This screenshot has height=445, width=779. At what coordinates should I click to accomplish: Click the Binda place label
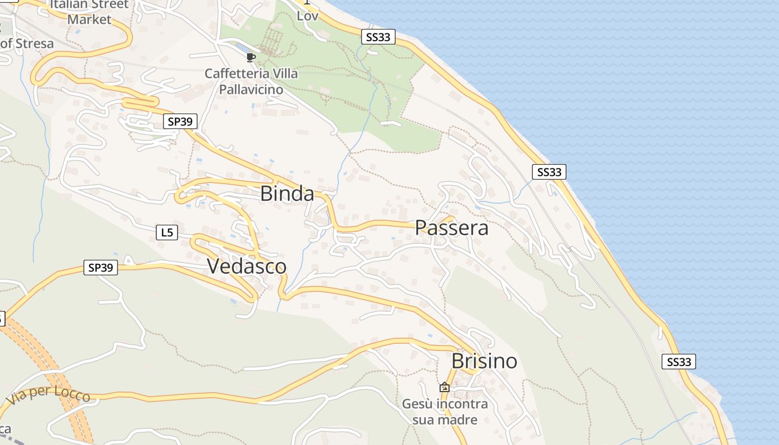pyautogui.click(x=287, y=194)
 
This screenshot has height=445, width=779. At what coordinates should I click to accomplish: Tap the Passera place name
pyautogui.click(x=452, y=228)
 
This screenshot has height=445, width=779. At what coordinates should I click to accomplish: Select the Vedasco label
pyautogui.click(x=246, y=266)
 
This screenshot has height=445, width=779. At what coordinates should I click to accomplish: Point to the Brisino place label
pyautogui.click(x=484, y=361)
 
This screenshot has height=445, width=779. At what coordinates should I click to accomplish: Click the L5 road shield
pyautogui.click(x=167, y=233)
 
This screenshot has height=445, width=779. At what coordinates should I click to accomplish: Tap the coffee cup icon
pyautogui.click(x=251, y=57)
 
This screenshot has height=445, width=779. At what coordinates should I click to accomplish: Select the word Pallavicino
pyautogui.click(x=251, y=89)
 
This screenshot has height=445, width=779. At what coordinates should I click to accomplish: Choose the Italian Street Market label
pyautogui.click(x=89, y=12)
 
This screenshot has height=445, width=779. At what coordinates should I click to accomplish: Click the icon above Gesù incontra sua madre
pyautogui.click(x=445, y=387)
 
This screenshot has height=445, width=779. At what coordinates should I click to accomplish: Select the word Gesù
pyautogui.click(x=417, y=404)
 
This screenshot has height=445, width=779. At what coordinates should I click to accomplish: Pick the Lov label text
pyautogui.click(x=308, y=16)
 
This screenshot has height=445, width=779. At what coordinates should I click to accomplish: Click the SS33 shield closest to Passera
pyautogui.click(x=549, y=172)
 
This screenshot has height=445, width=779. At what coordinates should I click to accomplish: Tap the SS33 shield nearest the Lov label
pyautogui.click(x=378, y=37)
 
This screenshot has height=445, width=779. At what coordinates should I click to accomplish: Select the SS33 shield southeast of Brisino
pyautogui.click(x=679, y=362)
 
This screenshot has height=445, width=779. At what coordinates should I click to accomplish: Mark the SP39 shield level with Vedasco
pyautogui.click(x=101, y=268)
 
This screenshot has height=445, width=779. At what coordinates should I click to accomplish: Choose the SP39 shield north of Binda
pyautogui.click(x=180, y=121)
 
